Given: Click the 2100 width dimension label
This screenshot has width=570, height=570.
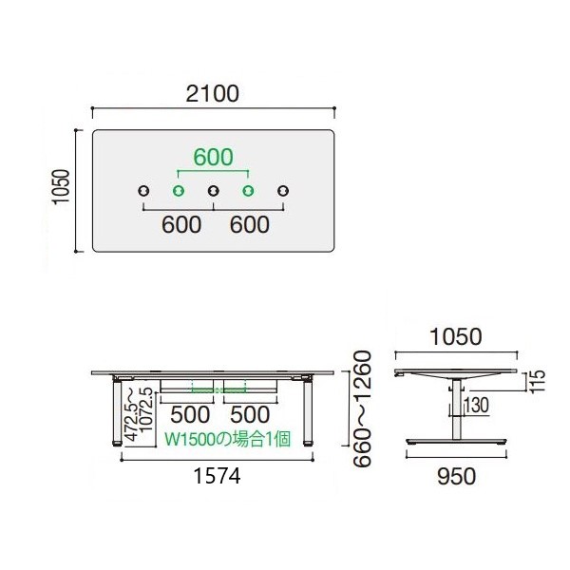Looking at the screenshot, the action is (213, 94).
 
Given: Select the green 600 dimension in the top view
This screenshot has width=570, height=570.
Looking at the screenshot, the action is (213, 157).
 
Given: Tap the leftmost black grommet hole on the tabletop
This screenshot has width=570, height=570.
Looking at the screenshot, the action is (144, 191).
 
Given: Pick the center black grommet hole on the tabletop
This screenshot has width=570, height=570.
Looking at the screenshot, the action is (214, 191).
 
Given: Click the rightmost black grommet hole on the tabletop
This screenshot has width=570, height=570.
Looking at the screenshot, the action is (283, 191).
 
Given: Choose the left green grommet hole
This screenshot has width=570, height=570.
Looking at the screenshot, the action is (179, 191).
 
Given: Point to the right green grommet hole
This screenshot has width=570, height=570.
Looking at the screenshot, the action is (248, 191).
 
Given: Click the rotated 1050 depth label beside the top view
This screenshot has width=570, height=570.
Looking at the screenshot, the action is (61, 187).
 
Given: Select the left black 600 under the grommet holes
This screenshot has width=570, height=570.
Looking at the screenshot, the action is (181, 224).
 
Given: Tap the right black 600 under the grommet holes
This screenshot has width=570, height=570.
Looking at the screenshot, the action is (250, 224).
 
